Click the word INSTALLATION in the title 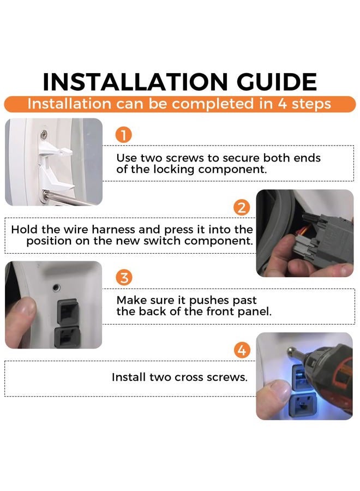point(135,82)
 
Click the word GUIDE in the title point(277,82)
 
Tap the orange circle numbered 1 point(124,135)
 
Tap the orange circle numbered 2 point(242,208)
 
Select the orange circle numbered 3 point(124,278)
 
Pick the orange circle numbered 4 point(242,350)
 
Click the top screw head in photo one point(44,135)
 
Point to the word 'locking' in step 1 point(174,170)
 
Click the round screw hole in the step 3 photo point(56,287)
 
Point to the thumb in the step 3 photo point(21,322)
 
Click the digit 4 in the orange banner point(283,104)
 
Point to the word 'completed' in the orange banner point(213,104)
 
